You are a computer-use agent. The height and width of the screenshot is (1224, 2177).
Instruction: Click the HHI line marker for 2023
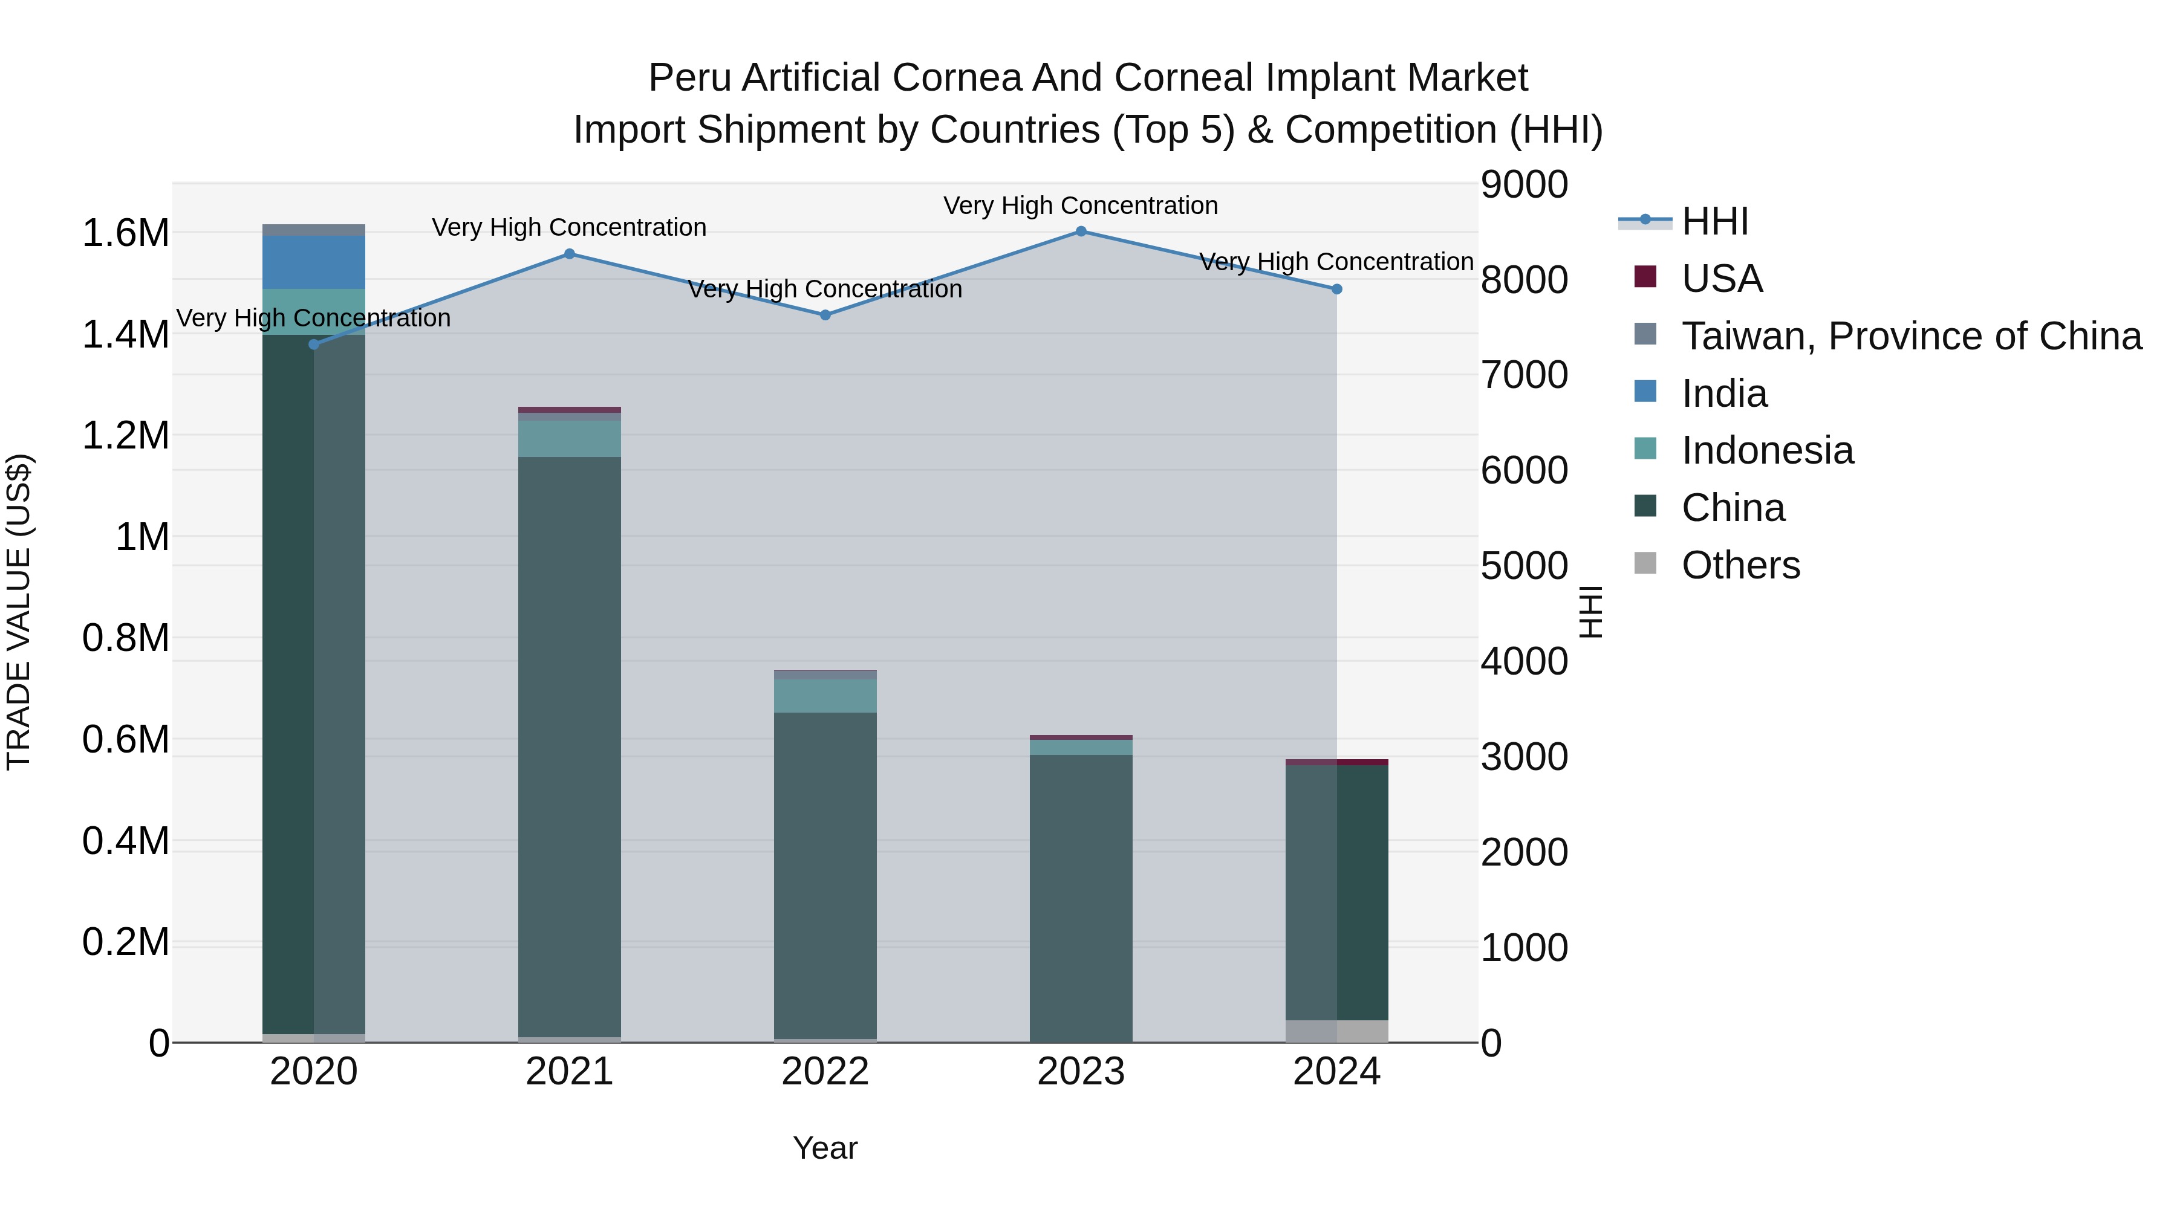(x=1081, y=232)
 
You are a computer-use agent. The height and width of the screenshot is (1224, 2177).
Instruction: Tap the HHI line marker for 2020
(x=314, y=345)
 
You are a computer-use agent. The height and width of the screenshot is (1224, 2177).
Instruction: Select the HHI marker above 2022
(x=825, y=315)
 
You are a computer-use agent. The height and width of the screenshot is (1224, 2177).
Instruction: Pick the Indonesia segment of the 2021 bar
(x=570, y=438)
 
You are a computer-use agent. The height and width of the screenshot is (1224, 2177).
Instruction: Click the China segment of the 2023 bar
(x=1081, y=895)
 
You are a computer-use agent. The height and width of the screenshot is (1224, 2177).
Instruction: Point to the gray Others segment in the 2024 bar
(x=1337, y=1031)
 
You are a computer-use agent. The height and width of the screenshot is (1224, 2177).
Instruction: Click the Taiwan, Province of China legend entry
(x=1910, y=336)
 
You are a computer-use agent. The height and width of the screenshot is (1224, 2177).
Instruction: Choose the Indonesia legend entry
(x=1766, y=450)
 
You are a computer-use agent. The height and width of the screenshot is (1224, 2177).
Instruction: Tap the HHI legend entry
(x=1714, y=221)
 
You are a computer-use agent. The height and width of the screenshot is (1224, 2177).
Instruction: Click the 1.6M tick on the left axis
(x=126, y=233)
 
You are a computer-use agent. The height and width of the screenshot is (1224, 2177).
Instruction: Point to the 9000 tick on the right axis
(x=1524, y=184)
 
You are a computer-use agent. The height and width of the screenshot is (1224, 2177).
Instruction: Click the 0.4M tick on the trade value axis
(x=126, y=841)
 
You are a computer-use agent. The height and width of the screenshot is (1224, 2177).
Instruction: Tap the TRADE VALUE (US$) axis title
(x=19, y=612)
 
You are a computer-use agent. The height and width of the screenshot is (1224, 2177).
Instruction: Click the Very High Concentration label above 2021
(x=569, y=228)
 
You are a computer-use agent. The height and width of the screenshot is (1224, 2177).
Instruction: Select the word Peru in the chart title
(x=680, y=78)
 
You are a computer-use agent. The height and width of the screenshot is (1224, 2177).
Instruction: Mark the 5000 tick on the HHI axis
(x=1524, y=566)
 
